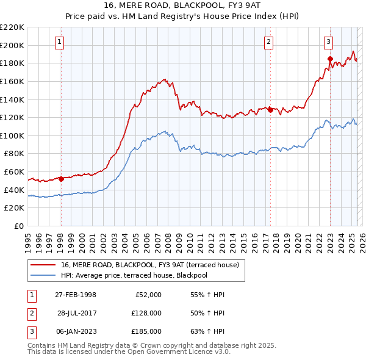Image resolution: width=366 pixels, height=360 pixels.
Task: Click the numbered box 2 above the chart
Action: (269, 42)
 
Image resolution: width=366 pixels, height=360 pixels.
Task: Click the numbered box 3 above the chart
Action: (328, 42)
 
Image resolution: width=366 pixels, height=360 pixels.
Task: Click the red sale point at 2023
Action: (330, 59)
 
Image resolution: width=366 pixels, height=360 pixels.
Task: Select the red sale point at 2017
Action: (271, 110)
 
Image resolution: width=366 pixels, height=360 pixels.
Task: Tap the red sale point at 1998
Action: (61, 179)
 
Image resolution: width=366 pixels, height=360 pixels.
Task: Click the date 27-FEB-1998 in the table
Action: (76, 295)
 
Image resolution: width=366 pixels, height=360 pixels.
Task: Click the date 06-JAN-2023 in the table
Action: (76, 331)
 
